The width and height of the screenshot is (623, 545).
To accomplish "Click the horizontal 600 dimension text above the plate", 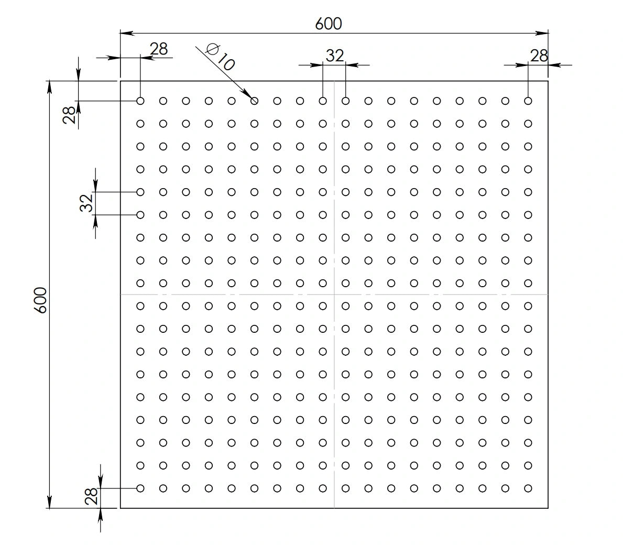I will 329,24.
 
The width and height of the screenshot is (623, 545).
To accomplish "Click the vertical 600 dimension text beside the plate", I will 40,300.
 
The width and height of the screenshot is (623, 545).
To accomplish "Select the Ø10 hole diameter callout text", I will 220,57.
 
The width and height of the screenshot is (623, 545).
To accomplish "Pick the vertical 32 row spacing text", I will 86,203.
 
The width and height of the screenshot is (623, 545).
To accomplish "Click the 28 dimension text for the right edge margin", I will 539,56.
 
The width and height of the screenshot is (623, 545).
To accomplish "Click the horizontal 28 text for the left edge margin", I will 159,49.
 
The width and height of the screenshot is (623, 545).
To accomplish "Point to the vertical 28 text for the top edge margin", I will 69,115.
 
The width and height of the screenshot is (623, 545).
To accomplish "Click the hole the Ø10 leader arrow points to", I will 254,101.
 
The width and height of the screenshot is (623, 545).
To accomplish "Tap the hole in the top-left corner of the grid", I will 140,101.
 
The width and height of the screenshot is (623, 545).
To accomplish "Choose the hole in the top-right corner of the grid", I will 528,101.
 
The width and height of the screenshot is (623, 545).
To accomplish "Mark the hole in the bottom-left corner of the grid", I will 140,488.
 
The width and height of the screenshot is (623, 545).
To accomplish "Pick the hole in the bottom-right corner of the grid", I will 528,488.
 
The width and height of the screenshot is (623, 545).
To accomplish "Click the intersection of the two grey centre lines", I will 334,295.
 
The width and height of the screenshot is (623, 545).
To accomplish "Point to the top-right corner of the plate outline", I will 548,81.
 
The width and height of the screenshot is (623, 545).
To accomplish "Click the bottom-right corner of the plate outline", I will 548,508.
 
